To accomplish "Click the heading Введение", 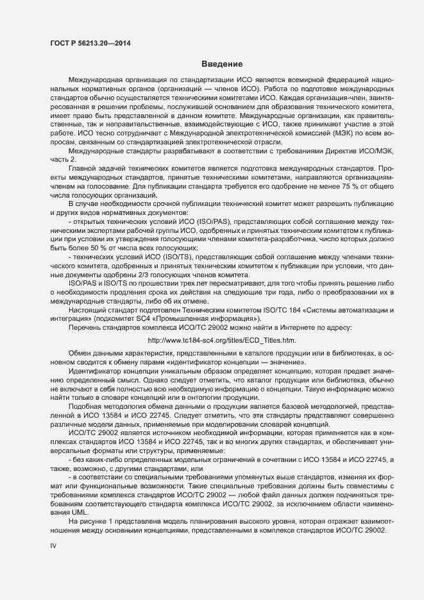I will pyautogui.click(x=221, y=64).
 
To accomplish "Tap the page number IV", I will pyautogui.click(x=54, y=546).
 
